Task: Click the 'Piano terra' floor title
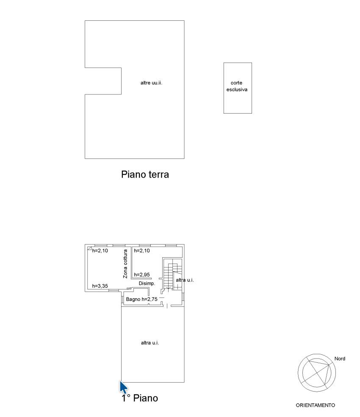(x=145, y=175)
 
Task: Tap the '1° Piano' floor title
(x=140, y=398)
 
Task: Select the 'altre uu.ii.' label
(x=151, y=83)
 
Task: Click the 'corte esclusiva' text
(x=237, y=86)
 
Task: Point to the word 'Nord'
(x=340, y=359)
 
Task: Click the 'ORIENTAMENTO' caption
(x=316, y=405)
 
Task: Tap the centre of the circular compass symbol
(x=317, y=373)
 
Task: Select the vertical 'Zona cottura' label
(x=125, y=264)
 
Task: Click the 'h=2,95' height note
(x=142, y=275)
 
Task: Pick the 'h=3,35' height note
(x=100, y=286)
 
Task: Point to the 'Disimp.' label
(x=147, y=284)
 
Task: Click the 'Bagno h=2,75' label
(x=142, y=299)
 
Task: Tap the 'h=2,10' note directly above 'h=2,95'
(x=142, y=250)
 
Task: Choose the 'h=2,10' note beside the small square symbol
(x=100, y=250)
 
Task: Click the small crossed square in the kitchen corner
(x=90, y=248)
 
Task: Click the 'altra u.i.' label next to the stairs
(x=185, y=280)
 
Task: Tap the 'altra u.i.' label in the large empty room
(x=150, y=343)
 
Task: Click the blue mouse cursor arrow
(x=123, y=387)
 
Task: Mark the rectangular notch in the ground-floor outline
(x=103, y=81)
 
